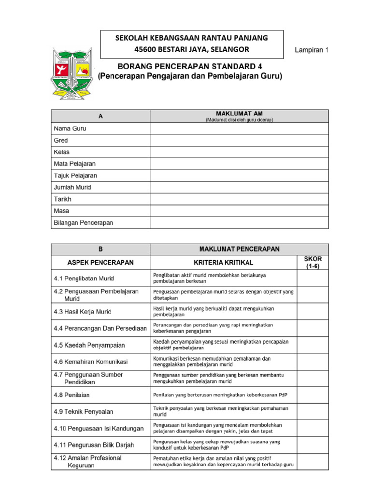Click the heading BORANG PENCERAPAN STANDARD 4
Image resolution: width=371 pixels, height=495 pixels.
coord(190,66)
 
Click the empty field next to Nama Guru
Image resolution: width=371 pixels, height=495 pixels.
coord(239,129)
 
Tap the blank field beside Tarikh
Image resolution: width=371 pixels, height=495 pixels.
coord(239,199)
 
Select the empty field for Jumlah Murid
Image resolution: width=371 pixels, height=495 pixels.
coord(239,188)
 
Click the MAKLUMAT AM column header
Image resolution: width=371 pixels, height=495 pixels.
coord(239,116)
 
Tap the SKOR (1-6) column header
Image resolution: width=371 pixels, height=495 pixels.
coord(313,262)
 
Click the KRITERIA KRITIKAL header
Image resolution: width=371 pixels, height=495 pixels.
coord(223,262)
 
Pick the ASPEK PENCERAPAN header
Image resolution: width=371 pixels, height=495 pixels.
coord(100,262)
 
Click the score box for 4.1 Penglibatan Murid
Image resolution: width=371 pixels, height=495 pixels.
coord(313,278)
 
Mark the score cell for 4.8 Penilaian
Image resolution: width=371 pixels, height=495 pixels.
coord(313,395)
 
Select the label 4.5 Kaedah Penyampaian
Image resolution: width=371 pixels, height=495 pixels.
coord(89,345)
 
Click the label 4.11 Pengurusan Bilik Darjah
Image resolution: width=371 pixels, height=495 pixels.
coord(94,445)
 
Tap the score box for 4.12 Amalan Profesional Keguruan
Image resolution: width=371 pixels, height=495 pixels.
coord(313,462)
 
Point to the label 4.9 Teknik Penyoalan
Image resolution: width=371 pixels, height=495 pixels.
coord(83,412)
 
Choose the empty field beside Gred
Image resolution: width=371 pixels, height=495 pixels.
coord(239,140)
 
